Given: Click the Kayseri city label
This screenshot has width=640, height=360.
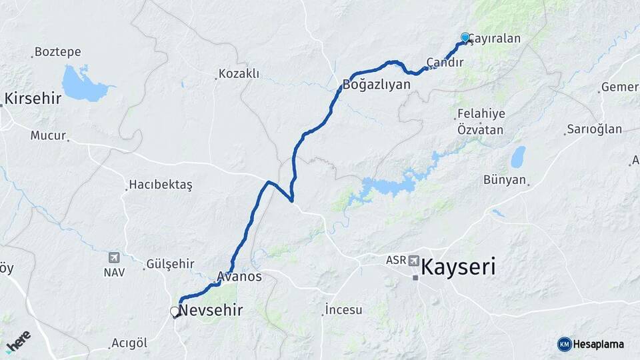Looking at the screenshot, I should click(459, 268).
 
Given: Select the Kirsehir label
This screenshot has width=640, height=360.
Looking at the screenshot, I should click(33, 99).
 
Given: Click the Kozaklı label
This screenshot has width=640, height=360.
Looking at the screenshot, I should click(239, 74).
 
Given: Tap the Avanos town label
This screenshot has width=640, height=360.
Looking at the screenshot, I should click(239, 276).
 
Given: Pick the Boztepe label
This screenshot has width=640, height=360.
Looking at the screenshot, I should click(57, 51).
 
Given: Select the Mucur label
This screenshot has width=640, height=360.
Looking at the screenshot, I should click(48, 135).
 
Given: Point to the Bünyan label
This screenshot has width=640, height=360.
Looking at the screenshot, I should click(505, 180).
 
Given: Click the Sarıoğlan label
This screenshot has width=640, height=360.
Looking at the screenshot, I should click(594, 129).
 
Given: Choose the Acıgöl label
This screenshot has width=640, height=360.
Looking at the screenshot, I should click(129, 343).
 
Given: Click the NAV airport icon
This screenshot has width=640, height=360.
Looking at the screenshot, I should click(113, 258).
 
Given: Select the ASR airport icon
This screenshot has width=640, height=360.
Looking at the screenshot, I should click(414, 261).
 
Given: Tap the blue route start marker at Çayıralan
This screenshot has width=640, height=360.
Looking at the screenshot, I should click(465, 37).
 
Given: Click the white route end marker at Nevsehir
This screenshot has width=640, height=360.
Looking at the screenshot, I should click(175, 311).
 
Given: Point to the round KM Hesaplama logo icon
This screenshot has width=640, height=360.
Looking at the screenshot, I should click(564, 344).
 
